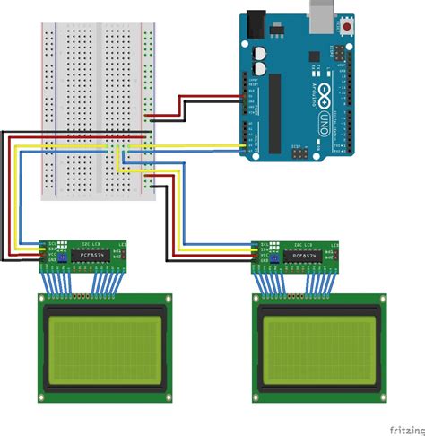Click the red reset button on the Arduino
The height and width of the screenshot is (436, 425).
tap(347, 31)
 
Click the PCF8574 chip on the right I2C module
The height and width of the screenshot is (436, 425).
tap(303, 257)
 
